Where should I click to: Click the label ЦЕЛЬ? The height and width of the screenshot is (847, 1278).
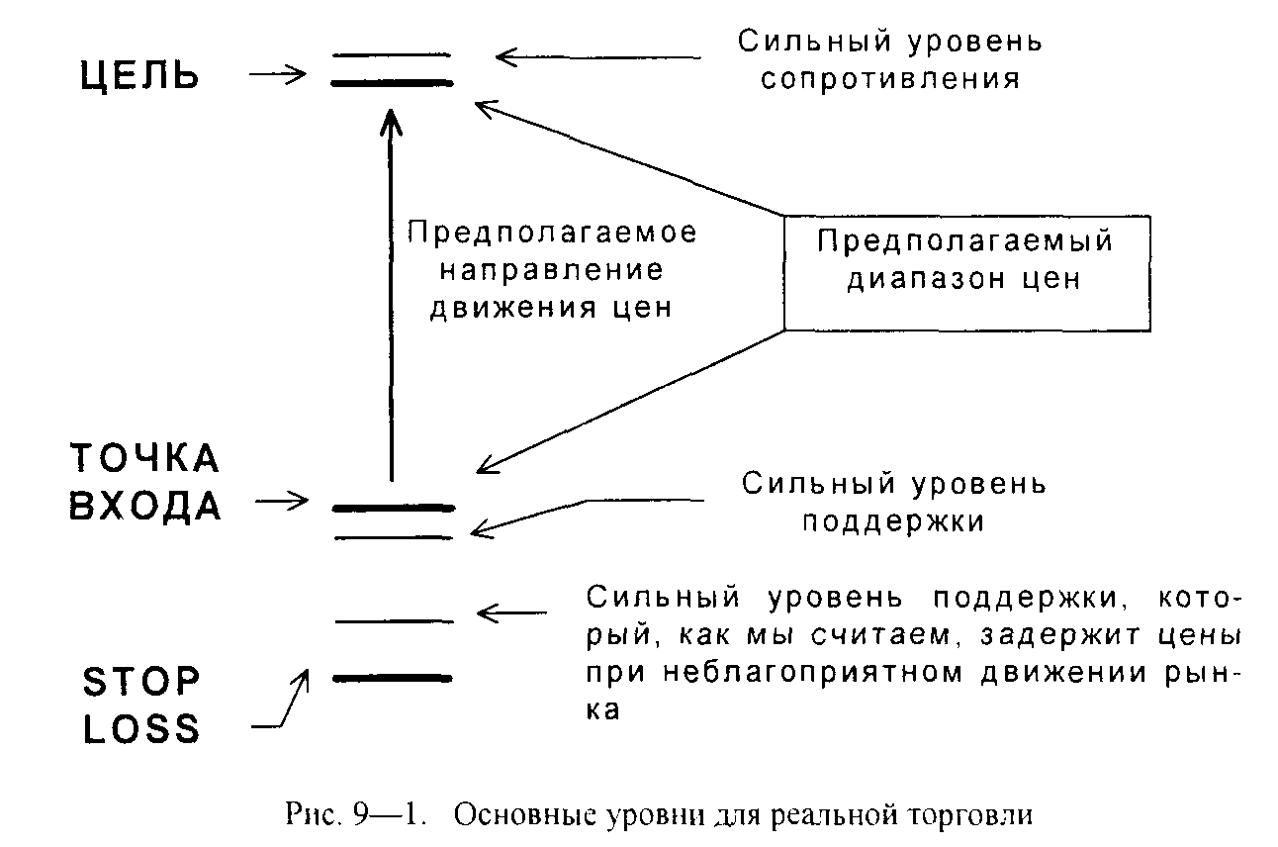click(139, 76)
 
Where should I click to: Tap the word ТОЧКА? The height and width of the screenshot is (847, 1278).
click(145, 458)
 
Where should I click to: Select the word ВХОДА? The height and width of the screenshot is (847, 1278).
click(145, 506)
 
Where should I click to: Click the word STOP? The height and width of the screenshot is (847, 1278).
click(141, 681)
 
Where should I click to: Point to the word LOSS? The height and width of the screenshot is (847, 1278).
click(141, 728)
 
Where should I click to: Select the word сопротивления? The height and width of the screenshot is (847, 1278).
click(890, 79)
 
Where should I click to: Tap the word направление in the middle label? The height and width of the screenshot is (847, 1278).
click(552, 270)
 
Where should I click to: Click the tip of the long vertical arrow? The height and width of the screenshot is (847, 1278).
click(391, 109)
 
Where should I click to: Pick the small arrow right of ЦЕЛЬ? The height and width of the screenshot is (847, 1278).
click(278, 73)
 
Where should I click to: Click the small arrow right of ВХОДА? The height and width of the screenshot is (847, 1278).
click(281, 502)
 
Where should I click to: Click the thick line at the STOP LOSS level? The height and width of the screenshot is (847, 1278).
click(393, 679)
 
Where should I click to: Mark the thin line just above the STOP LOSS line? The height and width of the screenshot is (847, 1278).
click(395, 621)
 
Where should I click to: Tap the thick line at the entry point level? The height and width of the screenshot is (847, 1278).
click(394, 508)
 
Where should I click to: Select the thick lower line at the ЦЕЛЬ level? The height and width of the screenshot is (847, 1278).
click(392, 83)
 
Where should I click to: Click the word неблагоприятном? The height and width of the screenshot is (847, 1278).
click(814, 674)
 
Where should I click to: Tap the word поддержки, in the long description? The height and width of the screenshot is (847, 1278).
click(1031, 599)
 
